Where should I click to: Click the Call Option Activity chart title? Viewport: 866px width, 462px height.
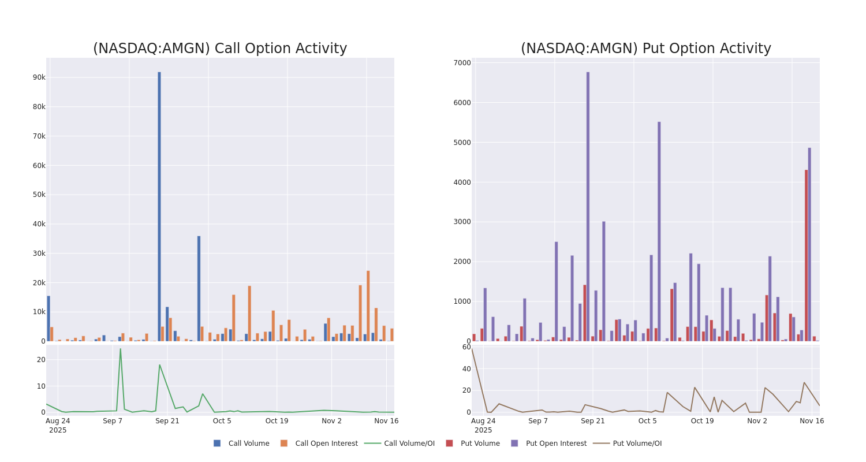click(x=220, y=49)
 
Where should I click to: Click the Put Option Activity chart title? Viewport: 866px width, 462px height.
click(x=645, y=49)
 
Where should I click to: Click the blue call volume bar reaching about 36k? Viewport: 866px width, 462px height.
click(x=199, y=288)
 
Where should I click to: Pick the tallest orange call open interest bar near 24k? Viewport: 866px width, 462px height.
click(x=368, y=305)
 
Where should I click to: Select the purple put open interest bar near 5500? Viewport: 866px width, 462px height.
click(x=659, y=231)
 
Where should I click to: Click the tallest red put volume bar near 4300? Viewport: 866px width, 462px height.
click(x=806, y=255)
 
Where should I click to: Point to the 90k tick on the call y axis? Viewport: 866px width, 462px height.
click(x=39, y=77)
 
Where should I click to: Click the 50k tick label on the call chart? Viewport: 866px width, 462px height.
click(x=39, y=195)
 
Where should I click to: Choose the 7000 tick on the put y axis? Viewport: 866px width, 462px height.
click(x=462, y=63)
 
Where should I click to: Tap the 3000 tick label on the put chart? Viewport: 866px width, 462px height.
click(x=462, y=222)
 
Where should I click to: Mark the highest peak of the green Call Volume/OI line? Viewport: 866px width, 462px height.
click(x=120, y=349)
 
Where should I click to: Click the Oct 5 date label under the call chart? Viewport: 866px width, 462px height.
click(x=222, y=421)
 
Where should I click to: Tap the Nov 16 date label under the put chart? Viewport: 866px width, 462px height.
click(x=812, y=421)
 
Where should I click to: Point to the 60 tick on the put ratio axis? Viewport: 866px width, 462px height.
click(x=466, y=347)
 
